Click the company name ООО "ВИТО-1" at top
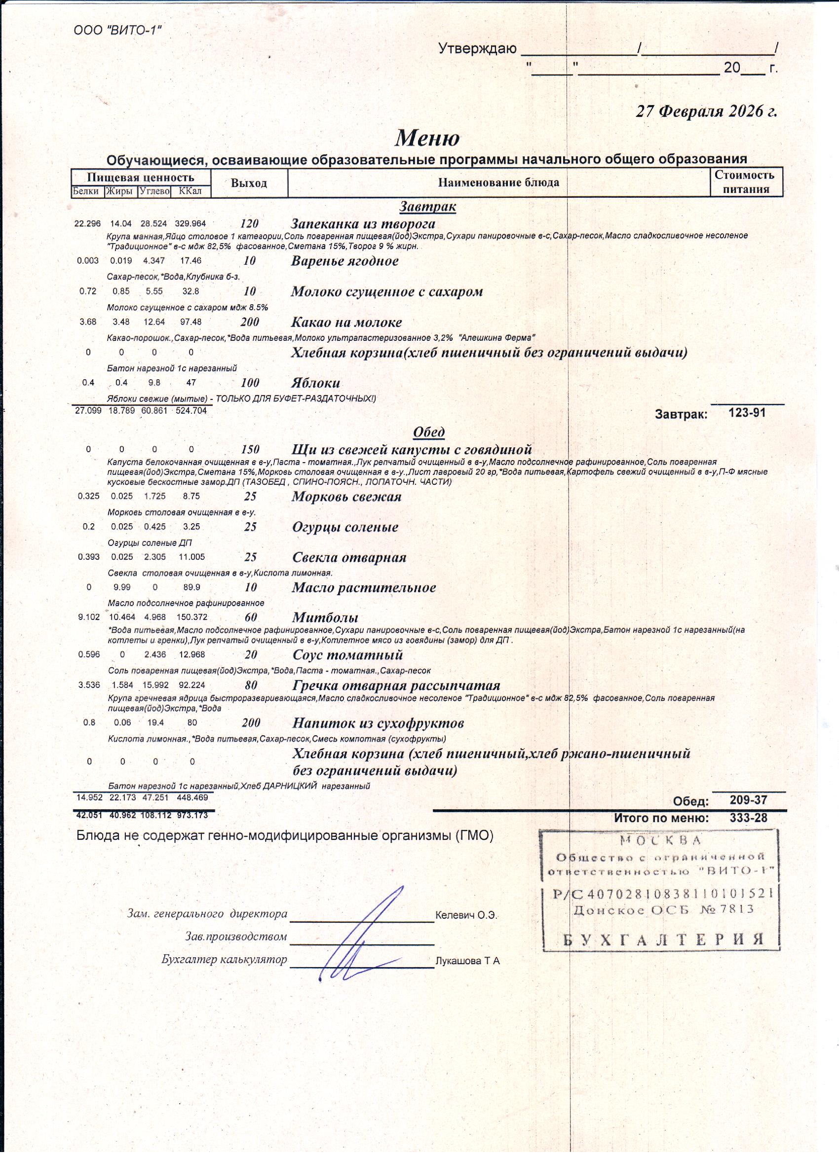point(117,30)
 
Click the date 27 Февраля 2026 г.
point(706,111)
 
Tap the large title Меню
point(427,137)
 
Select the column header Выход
point(249,183)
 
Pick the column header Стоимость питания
point(746,182)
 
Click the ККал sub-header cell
point(191,192)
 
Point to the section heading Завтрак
point(427,207)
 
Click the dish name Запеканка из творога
point(363,224)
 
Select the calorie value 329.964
point(191,224)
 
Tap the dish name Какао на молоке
point(346,323)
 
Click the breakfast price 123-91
point(747,412)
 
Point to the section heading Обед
point(429,432)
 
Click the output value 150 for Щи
point(250,449)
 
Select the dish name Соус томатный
point(347,655)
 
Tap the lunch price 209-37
point(748,800)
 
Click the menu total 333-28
point(748,818)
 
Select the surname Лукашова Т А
point(467,961)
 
